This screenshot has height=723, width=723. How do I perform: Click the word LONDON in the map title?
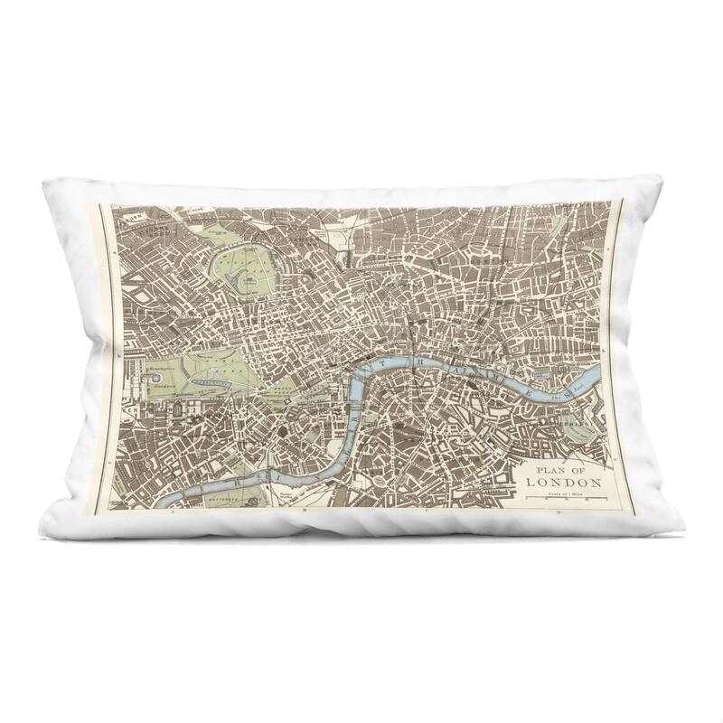click(565, 483)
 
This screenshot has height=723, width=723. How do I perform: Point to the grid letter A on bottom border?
click(171, 512)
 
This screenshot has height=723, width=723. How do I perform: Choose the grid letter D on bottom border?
click(560, 512)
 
